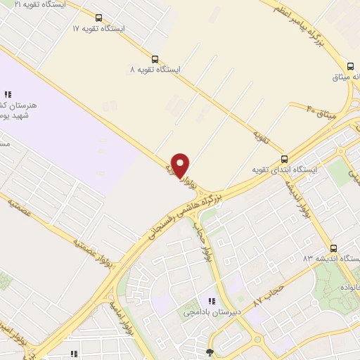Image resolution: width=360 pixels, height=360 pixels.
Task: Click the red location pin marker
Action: click(181, 165)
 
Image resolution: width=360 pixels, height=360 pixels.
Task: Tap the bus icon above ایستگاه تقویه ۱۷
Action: click(98, 18)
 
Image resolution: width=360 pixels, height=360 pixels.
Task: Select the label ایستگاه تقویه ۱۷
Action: click(98, 29)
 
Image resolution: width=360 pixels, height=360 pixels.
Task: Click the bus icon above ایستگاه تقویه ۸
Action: click(155, 60)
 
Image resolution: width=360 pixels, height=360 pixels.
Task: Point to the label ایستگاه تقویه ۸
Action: click(155, 70)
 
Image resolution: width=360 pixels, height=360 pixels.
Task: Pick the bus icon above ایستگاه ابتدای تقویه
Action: click(285, 160)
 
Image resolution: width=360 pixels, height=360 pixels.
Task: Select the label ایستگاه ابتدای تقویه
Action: click(285, 170)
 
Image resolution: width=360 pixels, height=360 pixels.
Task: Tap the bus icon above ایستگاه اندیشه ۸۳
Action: click(333, 248)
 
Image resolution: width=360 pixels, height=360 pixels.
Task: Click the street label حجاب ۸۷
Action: click(266, 292)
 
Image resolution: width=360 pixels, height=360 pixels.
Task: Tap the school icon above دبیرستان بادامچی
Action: click(212, 301)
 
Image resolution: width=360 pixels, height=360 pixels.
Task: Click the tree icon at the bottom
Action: click(209, 352)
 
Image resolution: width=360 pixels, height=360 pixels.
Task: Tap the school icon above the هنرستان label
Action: click(8, 94)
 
